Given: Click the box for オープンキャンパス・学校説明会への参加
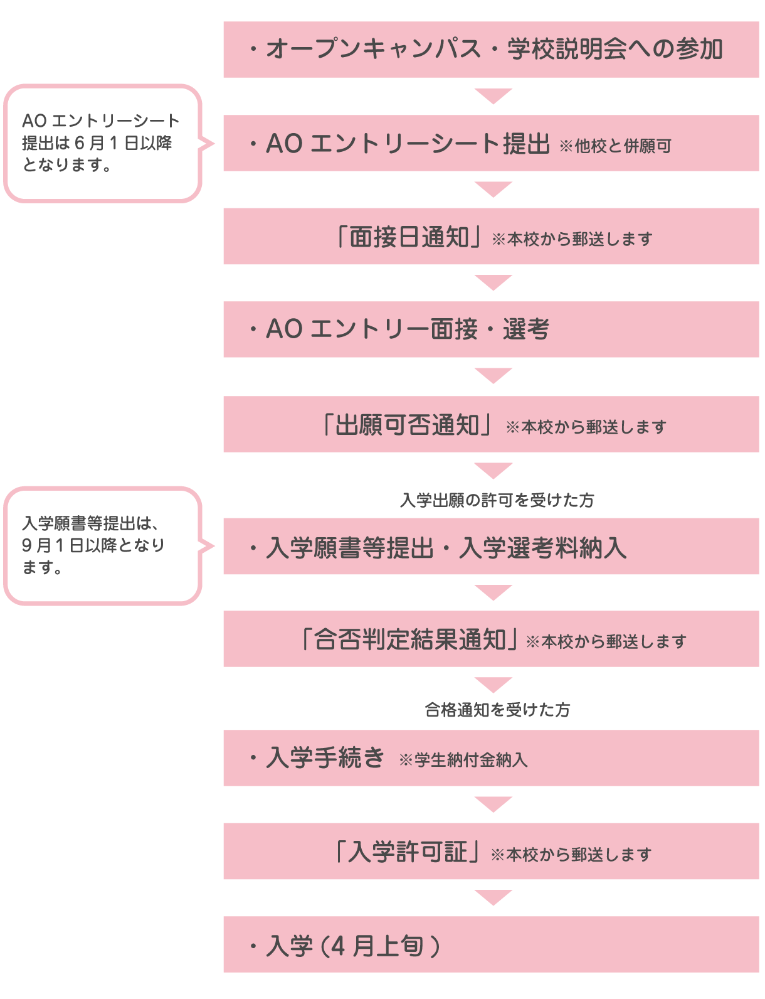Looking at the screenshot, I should (x=491, y=50).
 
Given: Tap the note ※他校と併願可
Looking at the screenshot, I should (x=615, y=146).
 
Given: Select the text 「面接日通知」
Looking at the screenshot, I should (x=408, y=237).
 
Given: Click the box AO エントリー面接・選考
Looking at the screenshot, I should (x=491, y=329).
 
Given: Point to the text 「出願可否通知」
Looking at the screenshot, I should (x=408, y=425).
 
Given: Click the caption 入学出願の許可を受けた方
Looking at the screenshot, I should (x=497, y=500).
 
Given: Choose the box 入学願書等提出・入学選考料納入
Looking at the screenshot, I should (x=491, y=547).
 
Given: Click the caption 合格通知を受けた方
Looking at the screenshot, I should (x=497, y=710).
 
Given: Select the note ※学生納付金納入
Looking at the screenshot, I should (x=463, y=761).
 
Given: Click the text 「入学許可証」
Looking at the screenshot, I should (x=408, y=852).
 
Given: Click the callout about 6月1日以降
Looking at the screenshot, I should (x=103, y=143).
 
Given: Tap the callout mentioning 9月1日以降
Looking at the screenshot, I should (x=103, y=545).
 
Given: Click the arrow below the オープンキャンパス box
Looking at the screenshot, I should (x=493, y=96).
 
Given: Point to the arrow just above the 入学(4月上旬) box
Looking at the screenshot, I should (x=493, y=897).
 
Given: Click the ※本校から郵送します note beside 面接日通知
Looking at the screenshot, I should (x=572, y=239).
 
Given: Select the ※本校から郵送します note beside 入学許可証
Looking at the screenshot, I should (x=571, y=855).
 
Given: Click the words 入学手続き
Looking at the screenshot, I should (x=325, y=758).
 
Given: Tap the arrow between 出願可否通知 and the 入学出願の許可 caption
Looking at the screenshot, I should (x=493, y=470).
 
